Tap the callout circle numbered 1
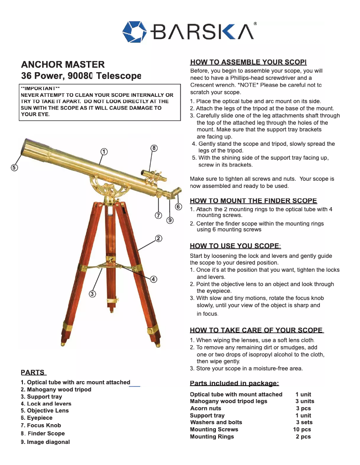click(x=104, y=152)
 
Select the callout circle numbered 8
click(x=154, y=148)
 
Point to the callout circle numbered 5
click(x=14, y=168)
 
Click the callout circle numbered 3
click(x=92, y=294)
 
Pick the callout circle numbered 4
click(x=154, y=279)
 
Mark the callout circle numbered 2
click(x=158, y=238)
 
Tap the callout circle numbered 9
click(x=170, y=220)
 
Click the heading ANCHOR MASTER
click(x=63, y=65)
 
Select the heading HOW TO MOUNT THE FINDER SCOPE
click(x=253, y=201)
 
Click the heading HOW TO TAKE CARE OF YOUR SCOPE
click(x=256, y=330)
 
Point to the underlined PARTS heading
click(x=33, y=372)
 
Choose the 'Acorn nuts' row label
click(x=206, y=409)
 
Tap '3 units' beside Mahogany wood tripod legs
click(x=304, y=401)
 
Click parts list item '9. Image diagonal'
click(x=45, y=442)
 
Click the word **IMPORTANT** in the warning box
click(x=40, y=88)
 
